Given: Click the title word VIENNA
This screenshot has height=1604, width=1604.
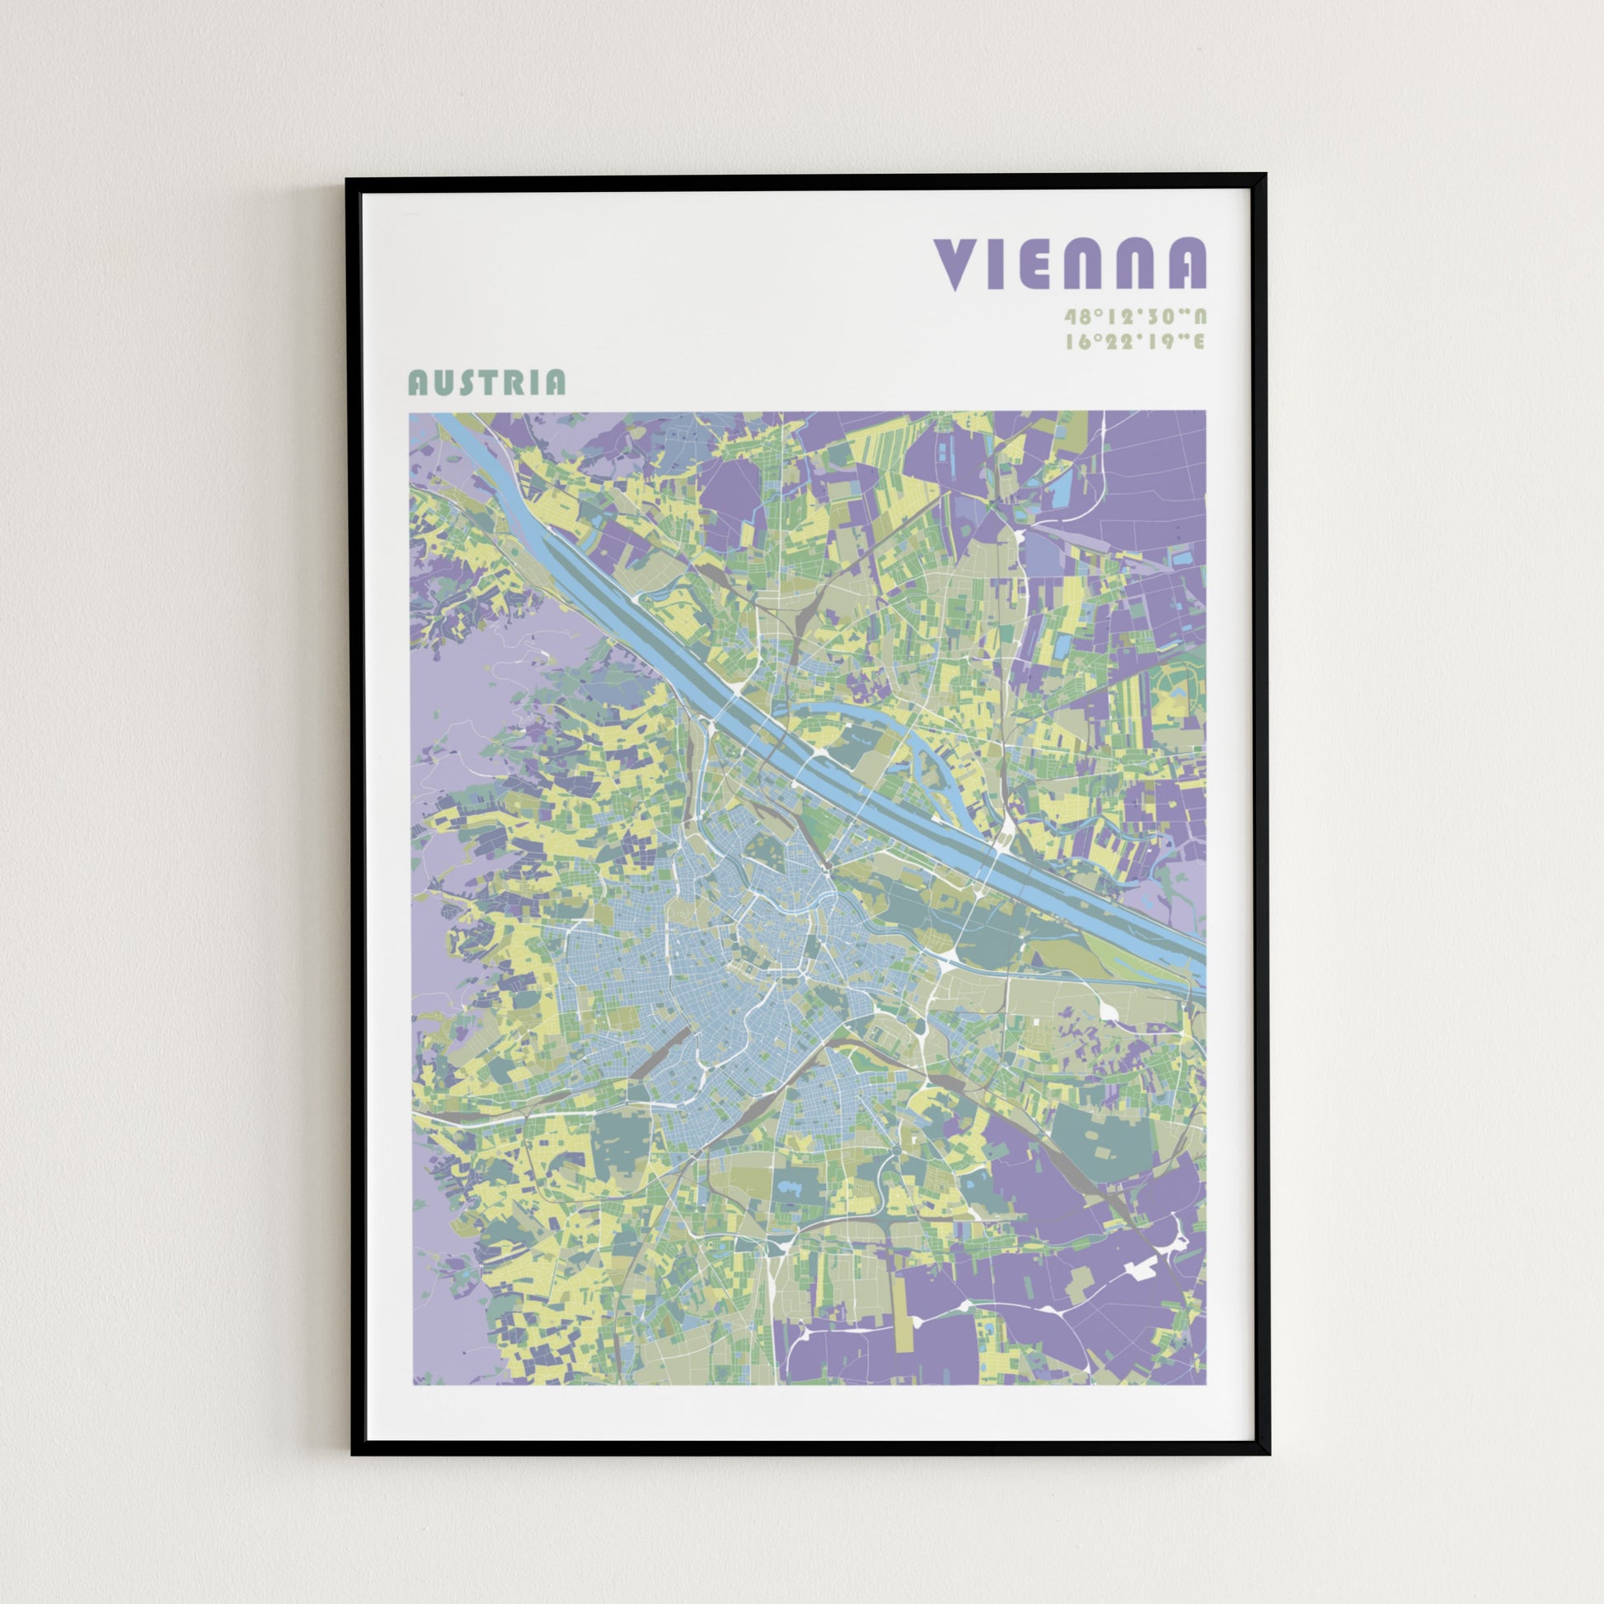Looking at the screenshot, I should point(1070,264).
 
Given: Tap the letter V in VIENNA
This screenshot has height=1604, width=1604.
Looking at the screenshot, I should point(959,264).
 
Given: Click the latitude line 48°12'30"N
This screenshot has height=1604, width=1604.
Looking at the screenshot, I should point(1135,317).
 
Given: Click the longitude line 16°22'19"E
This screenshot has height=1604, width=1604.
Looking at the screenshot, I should point(1135,341).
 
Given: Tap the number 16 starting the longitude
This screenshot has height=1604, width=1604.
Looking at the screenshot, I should point(1077,341).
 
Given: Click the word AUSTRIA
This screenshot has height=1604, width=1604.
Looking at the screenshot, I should point(486,382).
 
